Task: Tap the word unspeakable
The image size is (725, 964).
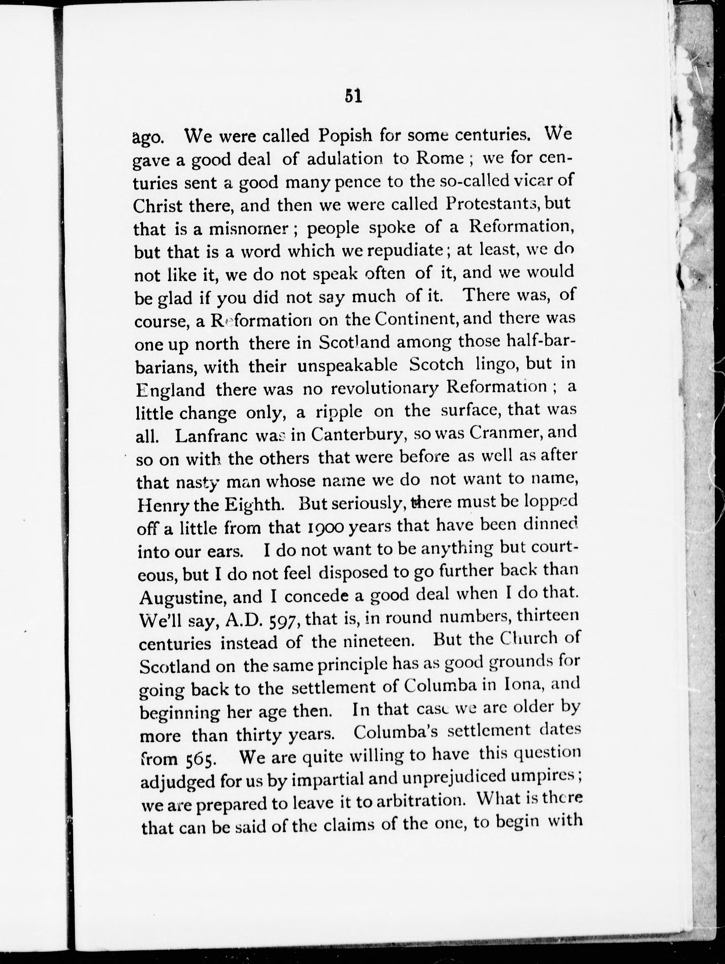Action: pos(347,365)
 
